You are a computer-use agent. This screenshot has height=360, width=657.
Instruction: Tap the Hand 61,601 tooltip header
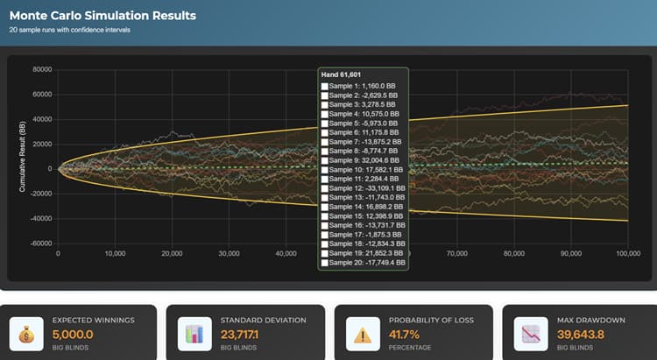point(342,74)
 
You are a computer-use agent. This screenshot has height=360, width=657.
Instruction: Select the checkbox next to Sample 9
point(326,161)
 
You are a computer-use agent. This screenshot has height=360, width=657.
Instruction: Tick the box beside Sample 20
point(326,262)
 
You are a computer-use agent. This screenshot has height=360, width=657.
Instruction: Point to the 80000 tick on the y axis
point(41,69)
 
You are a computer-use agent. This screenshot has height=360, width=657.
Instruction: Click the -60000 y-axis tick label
point(40,243)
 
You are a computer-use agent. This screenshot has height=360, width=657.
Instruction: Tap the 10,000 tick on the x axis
point(115,254)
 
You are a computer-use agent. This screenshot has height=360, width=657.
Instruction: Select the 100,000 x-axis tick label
point(628,254)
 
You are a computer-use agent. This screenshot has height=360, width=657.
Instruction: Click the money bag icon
point(25,334)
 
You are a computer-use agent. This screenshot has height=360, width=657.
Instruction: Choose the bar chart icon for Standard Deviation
point(194,334)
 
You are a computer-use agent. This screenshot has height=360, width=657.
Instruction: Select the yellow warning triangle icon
point(361,334)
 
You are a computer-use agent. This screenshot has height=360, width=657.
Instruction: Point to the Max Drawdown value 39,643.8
point(586,334)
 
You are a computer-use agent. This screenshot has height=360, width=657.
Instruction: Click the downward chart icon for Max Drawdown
point(529,334)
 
